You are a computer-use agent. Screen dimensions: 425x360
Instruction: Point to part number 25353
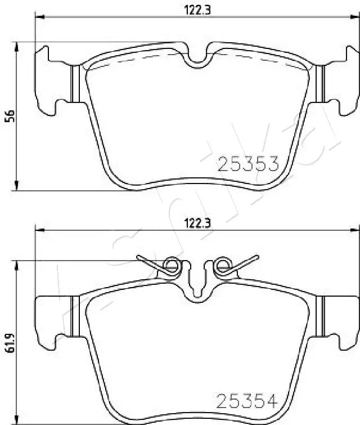pyautogui.click(x=248, y=164)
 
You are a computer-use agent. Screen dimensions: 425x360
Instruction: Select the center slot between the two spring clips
pyautogui.click(x=197, y=284)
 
